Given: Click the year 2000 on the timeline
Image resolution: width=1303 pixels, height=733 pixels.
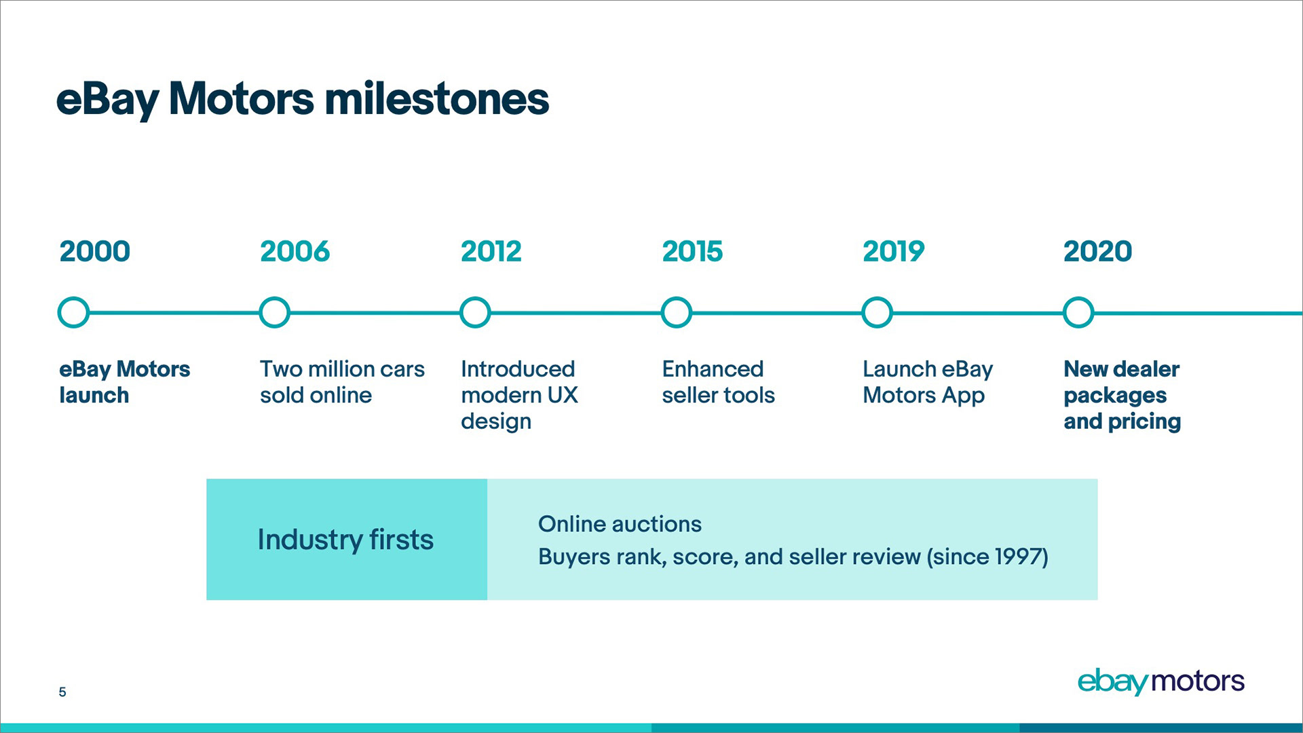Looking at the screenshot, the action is click(x=94, y=251).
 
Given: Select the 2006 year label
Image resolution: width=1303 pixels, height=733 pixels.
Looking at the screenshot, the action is click(x=295, y=251).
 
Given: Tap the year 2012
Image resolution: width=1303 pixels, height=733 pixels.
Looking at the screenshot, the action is click(x=491, y=251).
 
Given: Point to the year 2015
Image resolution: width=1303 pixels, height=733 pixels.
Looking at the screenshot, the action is click(x=692, y=251).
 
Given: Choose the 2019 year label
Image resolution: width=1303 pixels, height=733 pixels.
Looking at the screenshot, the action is click(x=893, y=251).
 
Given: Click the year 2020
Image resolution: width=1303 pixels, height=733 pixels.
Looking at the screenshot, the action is click(x=1097, y=251).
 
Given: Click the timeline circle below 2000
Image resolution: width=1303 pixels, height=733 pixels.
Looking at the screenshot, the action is click(x=73, y=299).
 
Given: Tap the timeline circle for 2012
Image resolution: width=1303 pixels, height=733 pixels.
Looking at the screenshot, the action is click(x=475, y=299).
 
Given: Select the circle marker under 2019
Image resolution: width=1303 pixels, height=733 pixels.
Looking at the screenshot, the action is click(x=877, y=299).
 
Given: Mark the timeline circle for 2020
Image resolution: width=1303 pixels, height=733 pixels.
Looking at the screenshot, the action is click(x=1078, y=299).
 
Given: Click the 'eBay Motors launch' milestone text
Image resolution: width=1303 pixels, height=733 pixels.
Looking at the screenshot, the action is click(x=124, y=382).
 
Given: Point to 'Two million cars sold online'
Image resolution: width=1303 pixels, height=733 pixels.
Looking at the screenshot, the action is click(x=342, y=382).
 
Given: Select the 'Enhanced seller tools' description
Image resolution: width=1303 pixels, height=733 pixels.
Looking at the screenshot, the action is click(x=718, y=382).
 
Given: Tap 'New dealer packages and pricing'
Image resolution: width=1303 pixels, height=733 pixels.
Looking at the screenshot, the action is click(x=1122, y=395).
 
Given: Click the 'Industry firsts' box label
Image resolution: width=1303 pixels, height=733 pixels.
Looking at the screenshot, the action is click(x=345, y=540).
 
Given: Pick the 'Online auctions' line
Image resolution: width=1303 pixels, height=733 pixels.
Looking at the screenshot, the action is click(x=620, y=524).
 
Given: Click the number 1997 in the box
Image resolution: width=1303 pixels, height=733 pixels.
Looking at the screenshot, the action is click(x=1017, y=557).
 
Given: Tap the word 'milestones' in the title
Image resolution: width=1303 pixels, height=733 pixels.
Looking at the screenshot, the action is click(x=436, y=99).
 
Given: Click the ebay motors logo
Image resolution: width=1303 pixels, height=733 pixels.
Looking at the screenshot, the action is click(x=1160, y=681).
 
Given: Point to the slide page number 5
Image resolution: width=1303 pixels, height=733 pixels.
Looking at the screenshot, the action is click(x=62, y=692).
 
